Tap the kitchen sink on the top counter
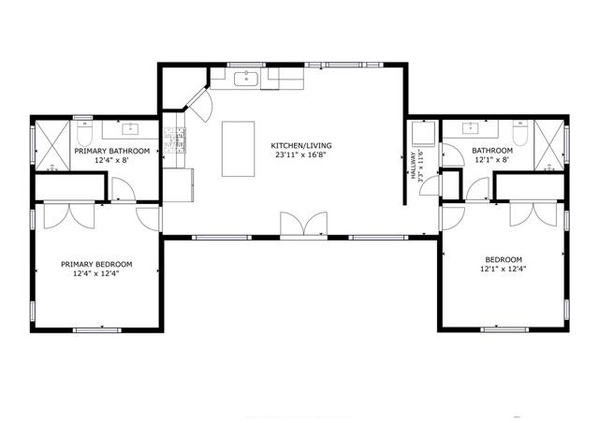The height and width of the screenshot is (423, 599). pos(250,80)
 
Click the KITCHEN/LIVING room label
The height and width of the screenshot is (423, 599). pos(301,146)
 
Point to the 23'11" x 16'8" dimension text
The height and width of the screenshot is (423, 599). pos(301,156)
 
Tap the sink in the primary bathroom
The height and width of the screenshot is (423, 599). pos(129,127)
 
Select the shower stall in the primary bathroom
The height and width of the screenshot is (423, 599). pos(52,147)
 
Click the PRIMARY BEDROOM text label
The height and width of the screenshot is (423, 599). pos(96,264)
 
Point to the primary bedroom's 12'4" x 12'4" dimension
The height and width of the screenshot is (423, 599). pos(96,274)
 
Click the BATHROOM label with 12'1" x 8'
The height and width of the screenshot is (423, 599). pos(491,151)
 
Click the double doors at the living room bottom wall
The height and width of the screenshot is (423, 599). pos(304,226)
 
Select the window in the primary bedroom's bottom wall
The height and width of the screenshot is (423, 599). pos(96,329)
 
